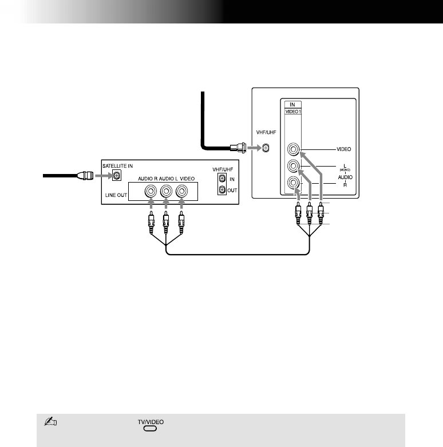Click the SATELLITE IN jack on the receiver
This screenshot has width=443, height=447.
pyautogui.click(x=117, y=176)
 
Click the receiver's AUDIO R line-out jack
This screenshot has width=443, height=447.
pyautogui.click(x=151, y=191)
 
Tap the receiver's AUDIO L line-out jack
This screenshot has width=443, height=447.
pyautogui.click(x=166, y=191)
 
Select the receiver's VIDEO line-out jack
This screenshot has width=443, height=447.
pyautogui.click(x=181, y=191)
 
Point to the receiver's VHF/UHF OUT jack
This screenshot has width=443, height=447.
pyautogui.click(x=222, y=189)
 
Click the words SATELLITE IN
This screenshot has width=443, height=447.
pyautogui.click(x=117, y=166)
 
